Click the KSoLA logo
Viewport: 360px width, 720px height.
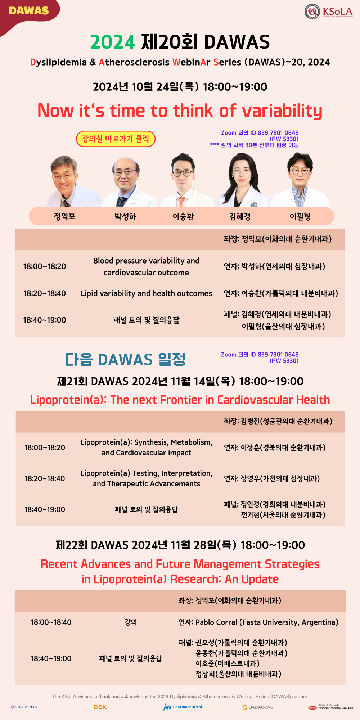pos(329,11)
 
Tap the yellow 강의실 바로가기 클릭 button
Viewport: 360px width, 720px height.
pos(116,139)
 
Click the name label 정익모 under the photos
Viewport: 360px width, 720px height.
pos(65,216)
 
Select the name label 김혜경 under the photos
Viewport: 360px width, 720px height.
pos(240,216)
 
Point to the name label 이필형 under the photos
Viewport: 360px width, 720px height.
pos(300,216)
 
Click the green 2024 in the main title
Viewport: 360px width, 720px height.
pos(112,42)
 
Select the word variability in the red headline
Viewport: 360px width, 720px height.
pos(282,111)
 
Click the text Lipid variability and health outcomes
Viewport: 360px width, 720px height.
pos(147,293)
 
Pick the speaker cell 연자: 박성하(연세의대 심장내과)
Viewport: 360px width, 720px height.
pos(274,266)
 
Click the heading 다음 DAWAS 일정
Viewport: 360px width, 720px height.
pos(125,359)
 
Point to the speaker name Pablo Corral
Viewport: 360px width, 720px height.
pos(216,622)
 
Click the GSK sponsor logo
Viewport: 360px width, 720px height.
pos(100,707)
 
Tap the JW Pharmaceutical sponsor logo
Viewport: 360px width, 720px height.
pos(182,707)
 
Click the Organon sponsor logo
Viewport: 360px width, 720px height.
pos(24,707)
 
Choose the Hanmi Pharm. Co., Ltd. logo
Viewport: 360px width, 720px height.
pos(331,707)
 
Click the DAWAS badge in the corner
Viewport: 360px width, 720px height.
pos(29,11)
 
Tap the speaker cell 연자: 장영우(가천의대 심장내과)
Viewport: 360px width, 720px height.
pos(272,478)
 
